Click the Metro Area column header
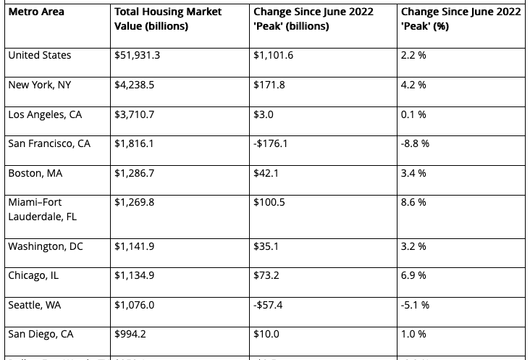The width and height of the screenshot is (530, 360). tap(36, 12)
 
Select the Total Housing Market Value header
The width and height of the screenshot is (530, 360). tap(168, 20)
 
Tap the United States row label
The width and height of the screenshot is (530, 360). tap(40, 55)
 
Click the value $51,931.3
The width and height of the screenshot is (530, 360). tap(138, 55)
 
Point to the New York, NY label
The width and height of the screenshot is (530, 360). tap(40, 85)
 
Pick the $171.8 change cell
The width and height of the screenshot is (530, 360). tap(269, 85)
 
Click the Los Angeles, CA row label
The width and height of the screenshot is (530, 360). tap(45, 114)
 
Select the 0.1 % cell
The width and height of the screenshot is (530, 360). tap(413, 114)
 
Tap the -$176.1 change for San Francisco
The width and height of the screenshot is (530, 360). tap(271, 143)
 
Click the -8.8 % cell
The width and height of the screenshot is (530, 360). tap(415, 143)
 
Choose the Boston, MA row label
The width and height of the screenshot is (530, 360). tap(35, 173)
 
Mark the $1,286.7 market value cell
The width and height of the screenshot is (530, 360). tap(134, 173)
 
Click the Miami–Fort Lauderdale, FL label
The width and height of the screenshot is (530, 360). tap(42, 209)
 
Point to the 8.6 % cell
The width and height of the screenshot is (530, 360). tap(413, 202)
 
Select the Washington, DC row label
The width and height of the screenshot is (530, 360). tap(46, 246)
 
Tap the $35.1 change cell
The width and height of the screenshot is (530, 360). tap(266, 246)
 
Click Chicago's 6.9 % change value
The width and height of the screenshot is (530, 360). tap(413, 275)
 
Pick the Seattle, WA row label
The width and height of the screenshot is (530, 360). tap(35, 305)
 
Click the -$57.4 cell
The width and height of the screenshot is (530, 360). tap(268, 305)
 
